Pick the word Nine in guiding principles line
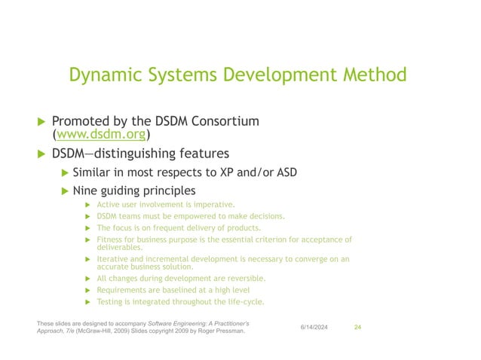click(84, 191)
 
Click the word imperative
click(215, 204)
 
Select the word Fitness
click(112, 239)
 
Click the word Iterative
click(115, 259)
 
